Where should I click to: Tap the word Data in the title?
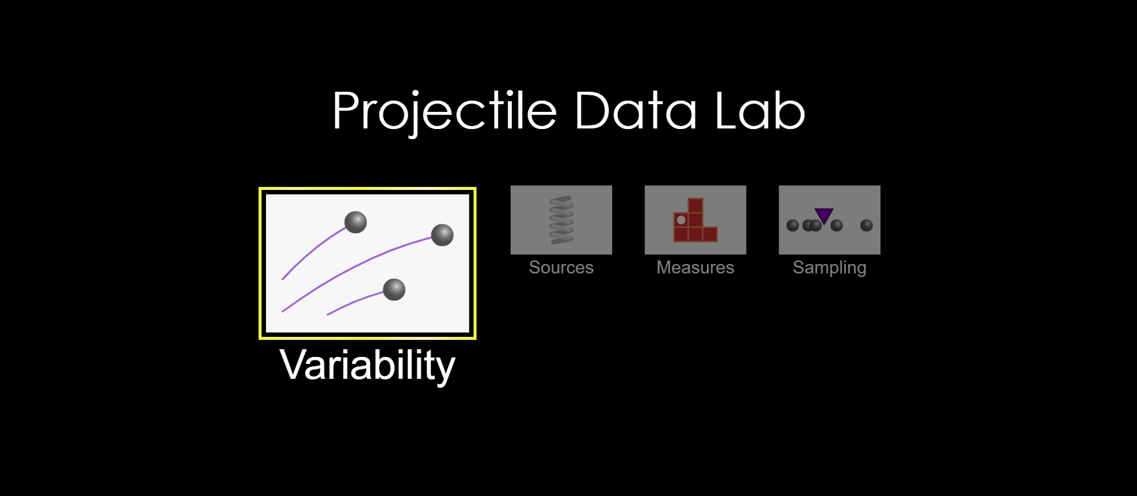tap(635, 111)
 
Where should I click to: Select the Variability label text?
tap(367, 365)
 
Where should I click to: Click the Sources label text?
tap(561, 268)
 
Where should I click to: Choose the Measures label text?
tap(695, 268)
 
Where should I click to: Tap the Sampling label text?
tap(829, 268)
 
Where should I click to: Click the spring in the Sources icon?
tap(561, 220)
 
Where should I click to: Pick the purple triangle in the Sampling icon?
tap(824, 215)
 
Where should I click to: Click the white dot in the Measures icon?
tap(681, 220)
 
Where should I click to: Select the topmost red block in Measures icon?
tap(696, 205)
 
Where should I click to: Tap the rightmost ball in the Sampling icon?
tap(866, 226)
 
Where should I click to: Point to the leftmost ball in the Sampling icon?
tap(793, 226)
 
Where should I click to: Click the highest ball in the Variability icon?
tap(355, 222)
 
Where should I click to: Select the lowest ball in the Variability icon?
tap(394, 289)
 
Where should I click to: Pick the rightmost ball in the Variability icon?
tap(442, 235)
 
